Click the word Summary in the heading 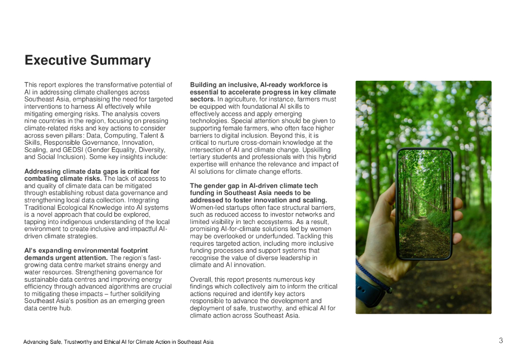click(120, 61)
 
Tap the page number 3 click(501, 341)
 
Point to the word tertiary click(202, 157)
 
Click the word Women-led click(206, 208)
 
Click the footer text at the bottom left click(118, 342)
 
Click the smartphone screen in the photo click(425, 203)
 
